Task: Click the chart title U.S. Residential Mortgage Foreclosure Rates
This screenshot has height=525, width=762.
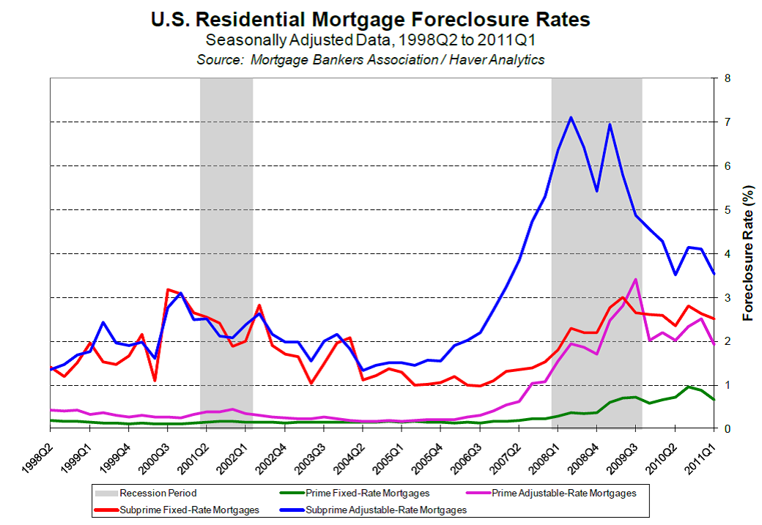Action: click(371, 19)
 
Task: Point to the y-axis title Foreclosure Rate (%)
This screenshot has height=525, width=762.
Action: click(748, 253)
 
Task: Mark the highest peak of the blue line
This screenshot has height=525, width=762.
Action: click(571, 117)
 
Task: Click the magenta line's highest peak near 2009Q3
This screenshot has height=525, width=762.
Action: click(635, 279)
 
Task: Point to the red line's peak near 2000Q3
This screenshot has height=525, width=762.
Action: click(168, 290)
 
